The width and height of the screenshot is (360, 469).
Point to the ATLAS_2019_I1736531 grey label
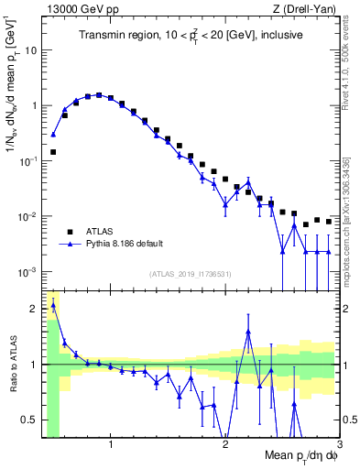(190, 273)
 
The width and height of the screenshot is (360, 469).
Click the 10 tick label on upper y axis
(30, 49)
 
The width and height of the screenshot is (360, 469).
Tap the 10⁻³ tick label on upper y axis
(27, 272)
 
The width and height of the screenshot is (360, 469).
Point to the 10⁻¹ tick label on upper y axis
(27, 160)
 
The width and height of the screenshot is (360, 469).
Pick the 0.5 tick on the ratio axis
(28, 420)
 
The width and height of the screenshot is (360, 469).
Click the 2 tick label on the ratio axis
(34, 308)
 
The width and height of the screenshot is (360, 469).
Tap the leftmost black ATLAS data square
(53, 152)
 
